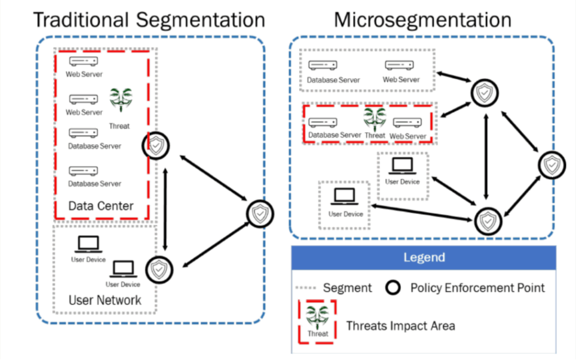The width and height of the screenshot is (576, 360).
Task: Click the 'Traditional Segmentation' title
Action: [148, 20]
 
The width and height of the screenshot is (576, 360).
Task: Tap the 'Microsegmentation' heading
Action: [422, 20]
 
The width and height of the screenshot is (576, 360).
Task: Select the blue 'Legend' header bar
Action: [424, 258]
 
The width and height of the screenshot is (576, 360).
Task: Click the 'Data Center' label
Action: [101, 206]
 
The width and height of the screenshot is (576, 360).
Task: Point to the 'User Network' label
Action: [105, 299]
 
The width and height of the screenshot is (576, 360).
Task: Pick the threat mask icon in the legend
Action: [318, 317]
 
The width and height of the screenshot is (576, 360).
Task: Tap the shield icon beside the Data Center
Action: [155, 145]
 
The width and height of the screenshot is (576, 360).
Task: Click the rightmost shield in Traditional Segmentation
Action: [259, 214]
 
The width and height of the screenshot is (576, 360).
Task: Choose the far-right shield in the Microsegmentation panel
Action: [552, 165]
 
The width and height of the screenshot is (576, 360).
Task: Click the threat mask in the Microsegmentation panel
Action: [374, 119]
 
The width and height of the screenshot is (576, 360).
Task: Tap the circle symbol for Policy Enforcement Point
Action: [394, 288]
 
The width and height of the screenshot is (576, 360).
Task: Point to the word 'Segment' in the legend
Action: [347, 288]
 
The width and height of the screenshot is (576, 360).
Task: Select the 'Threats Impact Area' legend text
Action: [400, 326]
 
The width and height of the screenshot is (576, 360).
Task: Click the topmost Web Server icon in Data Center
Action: [84, 61]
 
